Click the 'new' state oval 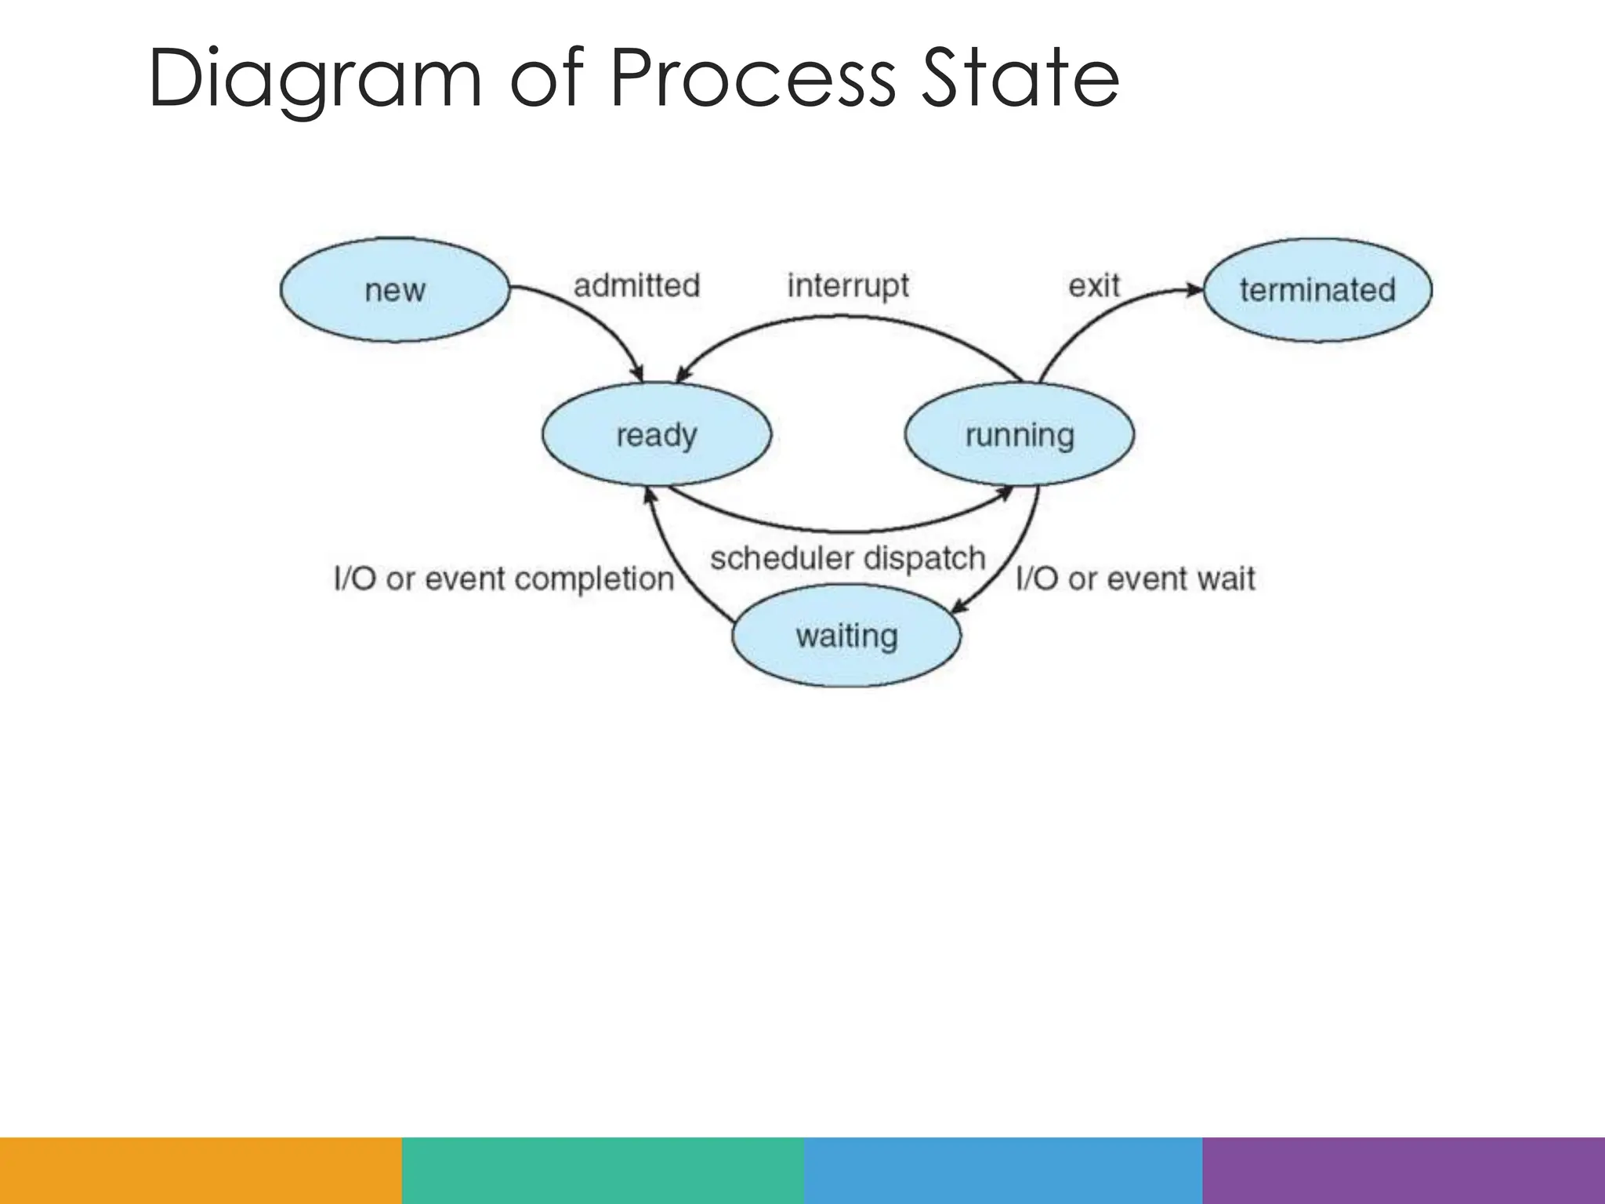[395, 290]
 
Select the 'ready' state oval [657, 434]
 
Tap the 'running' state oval [1019, 434]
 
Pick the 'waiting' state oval [846, 636]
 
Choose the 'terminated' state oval [1317, 290]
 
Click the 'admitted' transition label [636, 285]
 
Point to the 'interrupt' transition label [848, 286]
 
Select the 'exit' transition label [1094, 285]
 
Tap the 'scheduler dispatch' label [847, 559]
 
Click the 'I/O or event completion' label [504, 579]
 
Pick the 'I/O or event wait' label [1135, 579]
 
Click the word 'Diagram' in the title [313, 78]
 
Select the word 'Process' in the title [752, 78]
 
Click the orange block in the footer [201, 1170]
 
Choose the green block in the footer [603, 1170]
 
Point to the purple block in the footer [1404, 1170]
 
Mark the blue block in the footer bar [1003, 1170]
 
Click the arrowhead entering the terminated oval [1194, 290]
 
